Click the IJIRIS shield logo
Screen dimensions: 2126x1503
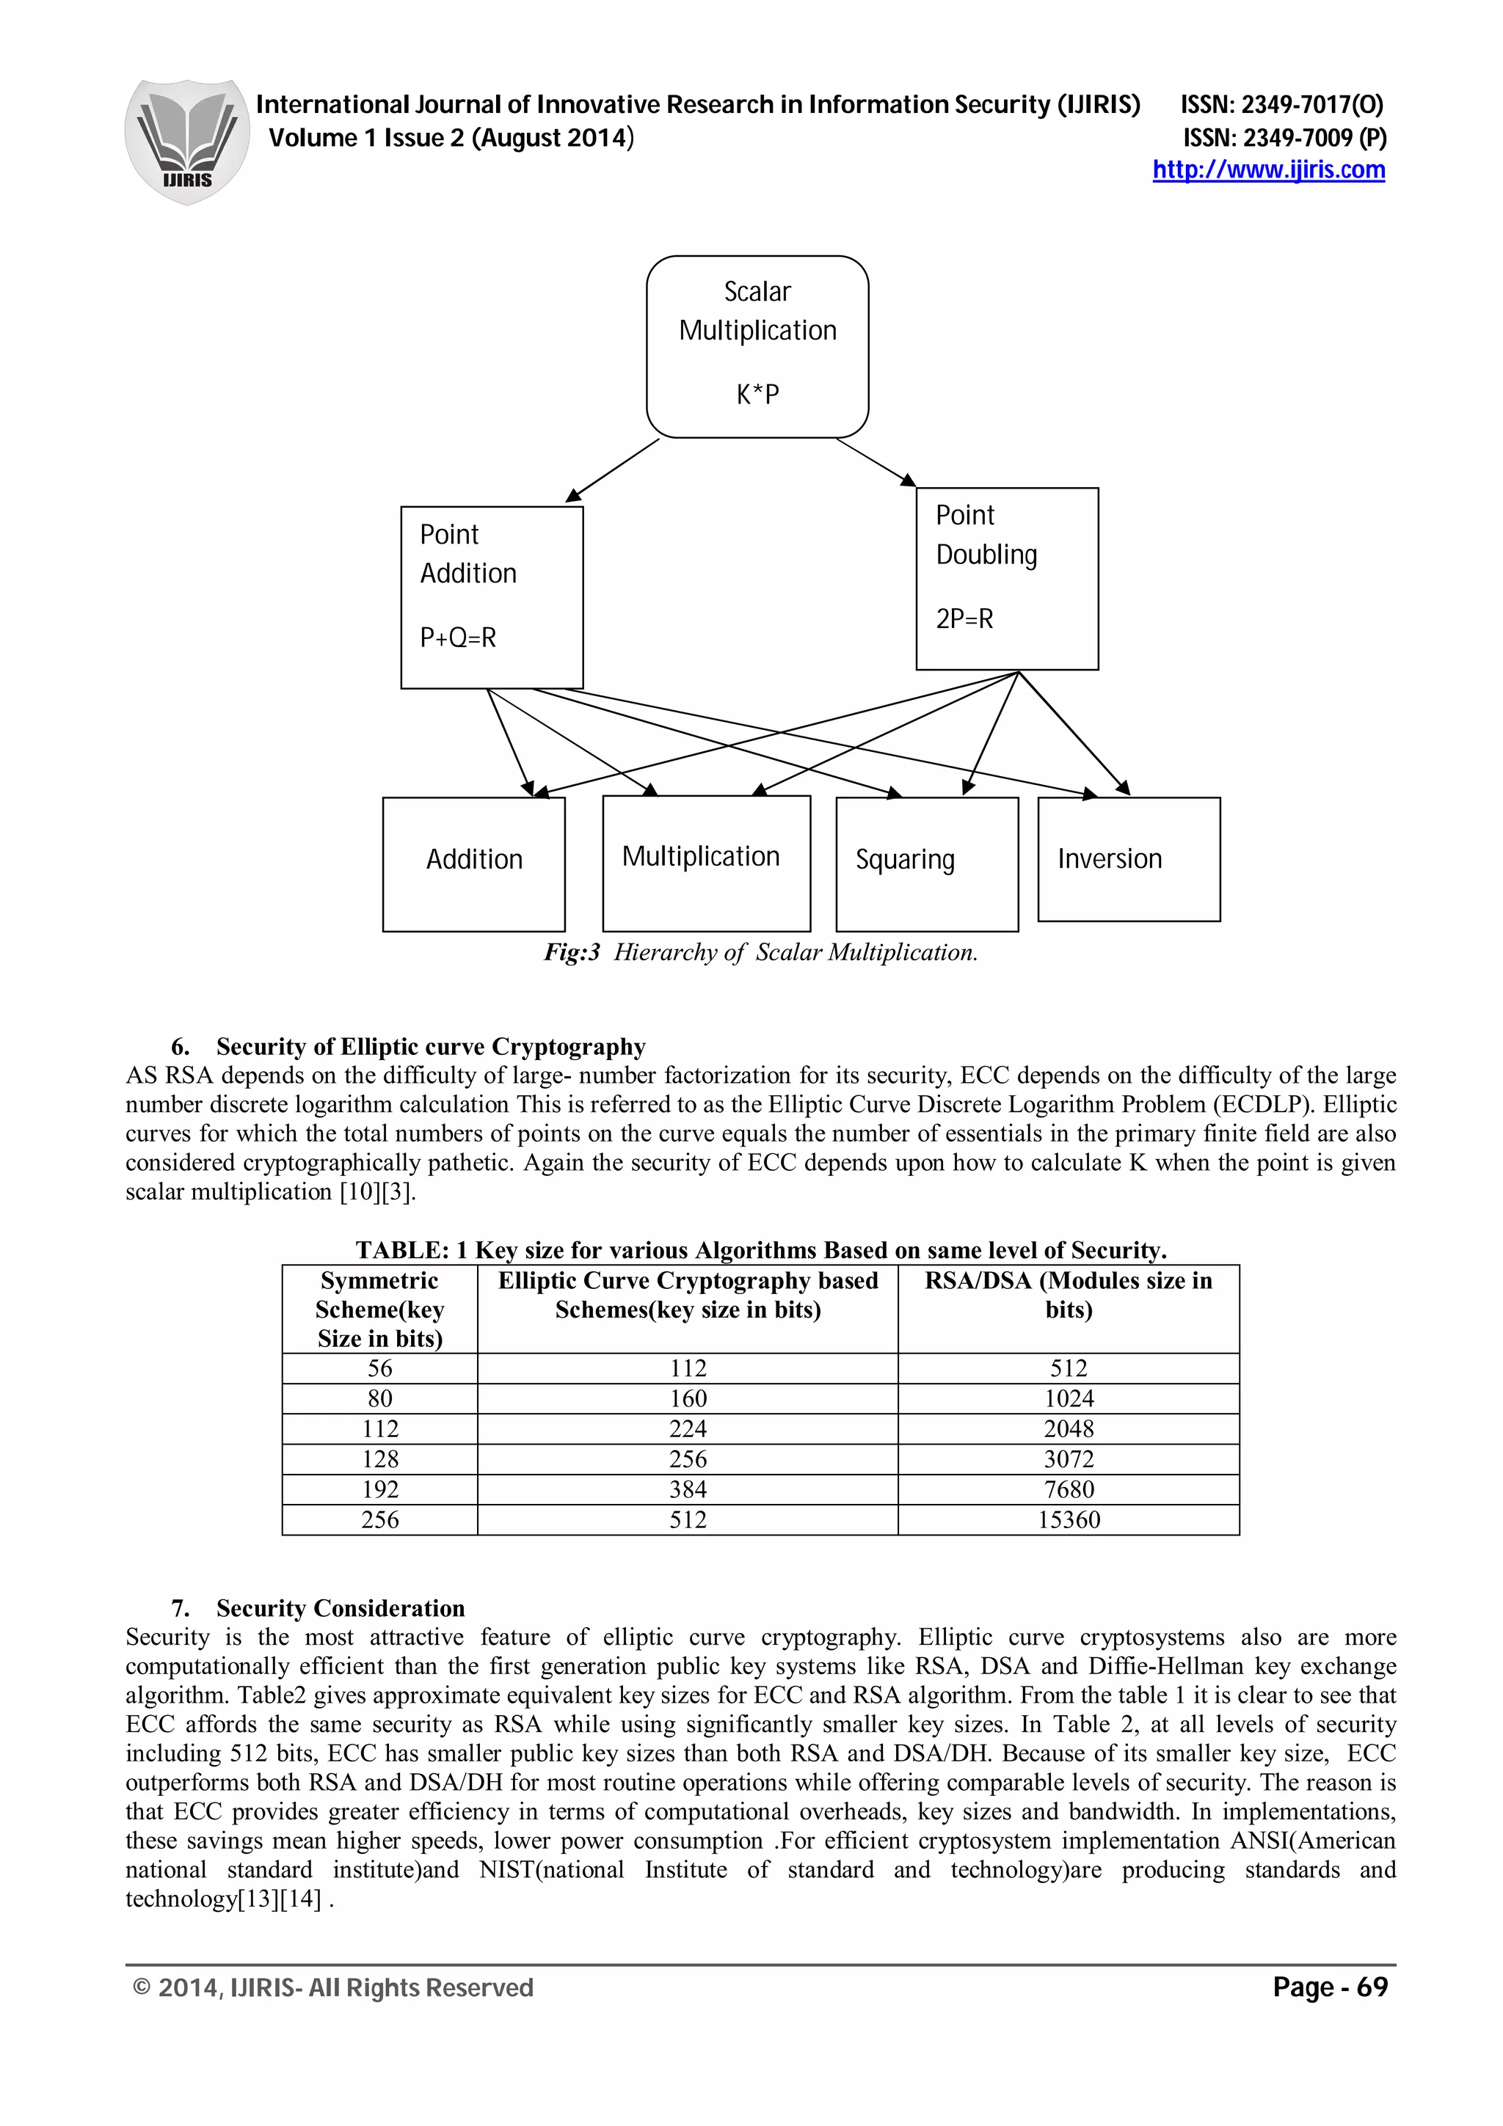point(186,141)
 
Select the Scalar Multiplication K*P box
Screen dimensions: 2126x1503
point(757,346)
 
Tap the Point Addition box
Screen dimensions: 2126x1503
point(492,596)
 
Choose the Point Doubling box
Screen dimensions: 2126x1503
point(1007,578)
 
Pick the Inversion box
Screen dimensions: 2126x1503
point(1128,858)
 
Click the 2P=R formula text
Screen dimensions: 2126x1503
point(964,618)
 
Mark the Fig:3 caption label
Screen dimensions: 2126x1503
point(572,953)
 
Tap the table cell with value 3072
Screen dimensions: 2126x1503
point(1069,1459)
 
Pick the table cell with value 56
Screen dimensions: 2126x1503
point(379,1369)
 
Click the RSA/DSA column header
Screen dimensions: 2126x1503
point(1068,1295)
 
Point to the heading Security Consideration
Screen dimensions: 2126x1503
point(340,1608)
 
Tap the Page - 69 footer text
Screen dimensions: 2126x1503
point(1330,1987)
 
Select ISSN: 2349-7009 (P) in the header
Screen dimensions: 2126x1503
point(1284,138)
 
